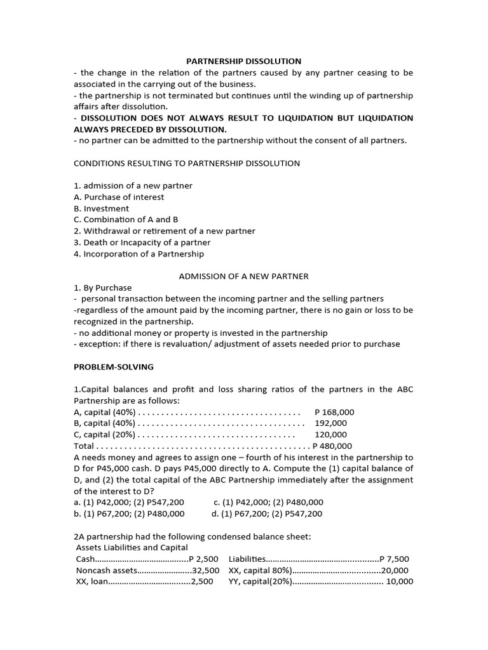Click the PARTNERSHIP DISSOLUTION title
[x=243, y=61]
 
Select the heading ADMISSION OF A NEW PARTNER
[x=243, y=276]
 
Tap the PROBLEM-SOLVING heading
[x=114, y=367]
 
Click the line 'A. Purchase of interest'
[x=119, y=197]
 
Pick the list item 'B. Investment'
[x=102, y=208]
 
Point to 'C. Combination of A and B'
[x=126, y=220]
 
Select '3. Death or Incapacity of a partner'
[x=142, y=242]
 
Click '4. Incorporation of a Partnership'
[x=139, y=254]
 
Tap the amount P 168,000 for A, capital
[x=334, y=412]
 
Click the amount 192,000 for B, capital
[x=330, y=423]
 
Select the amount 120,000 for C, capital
[x=330, y=435]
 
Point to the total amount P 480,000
[x=332, y=446]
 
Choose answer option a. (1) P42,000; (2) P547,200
[x=129, y=502]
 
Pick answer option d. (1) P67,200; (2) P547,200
[x=267, y=514]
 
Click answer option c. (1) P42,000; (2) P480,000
[x=268, y=502]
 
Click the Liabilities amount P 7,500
[x=394, y=559]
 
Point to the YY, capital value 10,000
[x=400, y=581]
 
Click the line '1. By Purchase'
[x=103, y=288]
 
